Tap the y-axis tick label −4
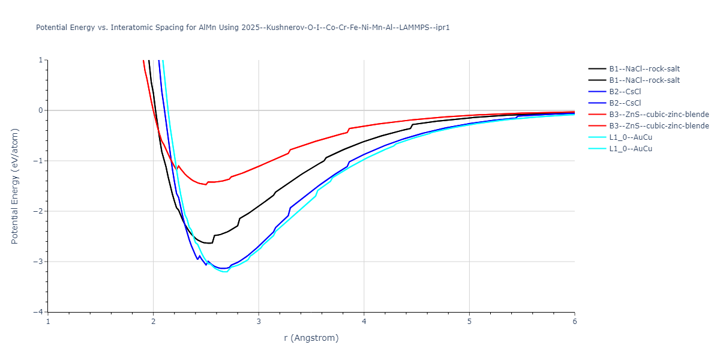(x=39, y=312)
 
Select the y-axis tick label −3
(x=39, y=262)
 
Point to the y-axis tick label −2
(x=39, y=211)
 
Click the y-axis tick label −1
(x=39, y=161)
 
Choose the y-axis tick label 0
(x=41, y=110)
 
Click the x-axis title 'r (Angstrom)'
(x=311, y=338)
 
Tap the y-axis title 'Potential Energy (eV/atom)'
(x=15, y=186)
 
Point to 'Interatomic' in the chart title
(x=131, y=28)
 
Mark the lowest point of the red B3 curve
(x=206, y=185)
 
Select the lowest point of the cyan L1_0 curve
(x=226, y=272)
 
